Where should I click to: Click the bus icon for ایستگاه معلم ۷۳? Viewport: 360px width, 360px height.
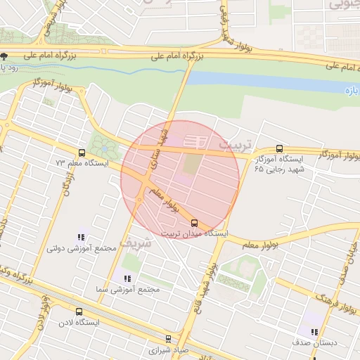click(82, 153)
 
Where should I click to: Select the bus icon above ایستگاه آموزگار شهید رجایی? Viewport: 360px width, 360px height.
click(280, 148)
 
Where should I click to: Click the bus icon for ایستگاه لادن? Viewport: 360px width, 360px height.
click(78, 311)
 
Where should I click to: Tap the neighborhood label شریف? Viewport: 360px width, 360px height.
click(135, 241)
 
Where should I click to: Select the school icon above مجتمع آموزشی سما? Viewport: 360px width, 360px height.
click(127, 278)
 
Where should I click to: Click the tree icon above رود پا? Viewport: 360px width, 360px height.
click(4, 56)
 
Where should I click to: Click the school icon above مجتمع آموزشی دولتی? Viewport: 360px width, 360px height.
click(82, 237)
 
